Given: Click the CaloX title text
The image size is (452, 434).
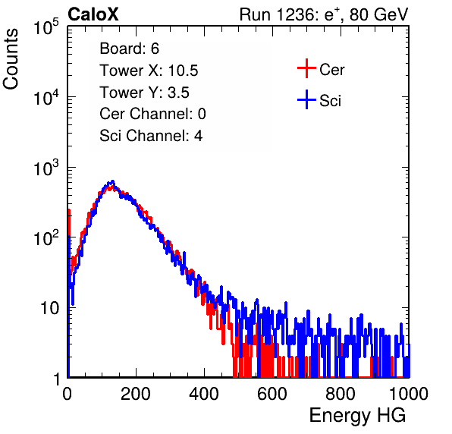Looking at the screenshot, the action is tap(93, 14).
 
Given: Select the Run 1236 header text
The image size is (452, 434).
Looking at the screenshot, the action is tap(324, 14).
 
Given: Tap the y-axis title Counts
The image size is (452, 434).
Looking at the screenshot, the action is tap(11, 59).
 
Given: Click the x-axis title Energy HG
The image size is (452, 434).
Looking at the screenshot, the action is tap(357, 416).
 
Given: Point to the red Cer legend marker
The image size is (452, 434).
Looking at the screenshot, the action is tap(306, 68).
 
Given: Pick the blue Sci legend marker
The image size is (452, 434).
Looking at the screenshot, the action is tap(306, 99).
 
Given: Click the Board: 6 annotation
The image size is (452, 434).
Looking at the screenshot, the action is tap(130, 49).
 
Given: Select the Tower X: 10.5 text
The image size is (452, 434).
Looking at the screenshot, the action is tap(149, 71).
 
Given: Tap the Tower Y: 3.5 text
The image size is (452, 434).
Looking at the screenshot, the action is tap(144, 93).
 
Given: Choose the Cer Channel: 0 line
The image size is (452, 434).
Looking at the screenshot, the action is tap(152, 114).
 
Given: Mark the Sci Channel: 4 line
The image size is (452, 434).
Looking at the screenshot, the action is tap(151, 136).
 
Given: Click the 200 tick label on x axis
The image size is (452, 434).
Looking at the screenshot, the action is tap(136, 394).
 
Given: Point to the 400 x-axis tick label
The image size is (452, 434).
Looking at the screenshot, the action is tap(204, 394).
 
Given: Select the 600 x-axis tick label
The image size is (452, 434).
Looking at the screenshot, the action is tap(272, 394).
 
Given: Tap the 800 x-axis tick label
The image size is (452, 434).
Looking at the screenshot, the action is tap(341, 394).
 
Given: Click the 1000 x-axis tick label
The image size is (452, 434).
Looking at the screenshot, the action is tap(409, 394).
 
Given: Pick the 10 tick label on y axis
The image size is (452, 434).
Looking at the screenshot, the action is tap(50, 308).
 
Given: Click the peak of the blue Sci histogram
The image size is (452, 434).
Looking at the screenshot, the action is tap(113, 181).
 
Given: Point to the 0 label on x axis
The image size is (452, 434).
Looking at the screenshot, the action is tap(67, 394).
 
